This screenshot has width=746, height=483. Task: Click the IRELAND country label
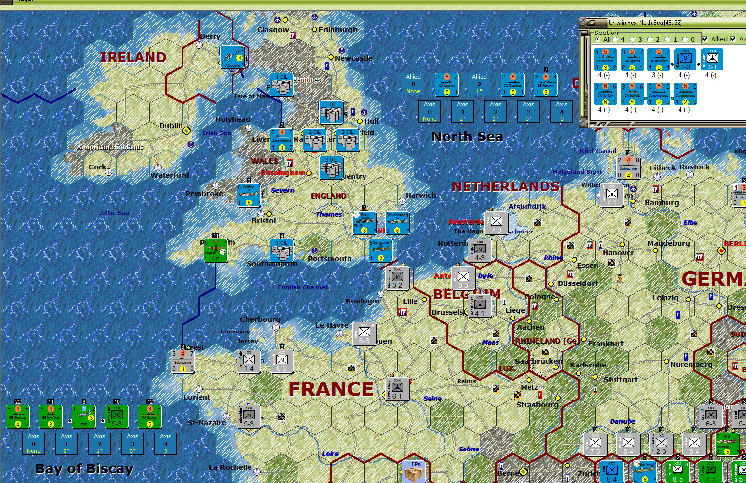pyautogui.click(x=133, y=57)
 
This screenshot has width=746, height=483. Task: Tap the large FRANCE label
pyautogui.click(x=331, y=389)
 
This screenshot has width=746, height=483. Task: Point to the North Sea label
pyautogui.click(x=467, y=137)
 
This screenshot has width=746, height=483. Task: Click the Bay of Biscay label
pyautogui.click(x=84, y=468)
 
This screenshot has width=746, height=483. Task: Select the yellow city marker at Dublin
pyautogui.click(x=186, y=131)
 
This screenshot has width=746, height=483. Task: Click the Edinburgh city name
pyautogui.click(x=338, y=30)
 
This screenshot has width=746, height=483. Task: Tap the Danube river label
pyautogui.click(x=622, y=421)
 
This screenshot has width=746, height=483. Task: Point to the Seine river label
pyautogui.click(x=432, y=399)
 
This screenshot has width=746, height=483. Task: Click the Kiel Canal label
pyautogui.click(x=598, y=151)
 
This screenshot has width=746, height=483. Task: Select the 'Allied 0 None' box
pyautogui.click(x=413, y=84)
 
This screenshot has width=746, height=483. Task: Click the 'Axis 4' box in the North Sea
pyautogui.click(x=562, y=112)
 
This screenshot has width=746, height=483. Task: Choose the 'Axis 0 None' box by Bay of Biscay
pyautogui.click(x=33, y=444)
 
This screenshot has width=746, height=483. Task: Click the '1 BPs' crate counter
pyautogui.click(x=414, y=471)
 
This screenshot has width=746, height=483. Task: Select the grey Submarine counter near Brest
pyautogui.click(x=183, y=362)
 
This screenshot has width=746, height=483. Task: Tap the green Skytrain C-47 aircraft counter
pyautogui.click(x=216, y=250)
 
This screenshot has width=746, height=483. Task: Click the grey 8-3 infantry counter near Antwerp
pyautogui.click(x=463, y=278)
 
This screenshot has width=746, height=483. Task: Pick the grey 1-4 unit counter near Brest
pyautogui.click(x=249, y=361)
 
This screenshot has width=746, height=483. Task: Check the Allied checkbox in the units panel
pyautogui.click(x=705, y=39)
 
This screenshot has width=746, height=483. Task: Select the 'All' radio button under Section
pyautogui.click(x=597, y=40)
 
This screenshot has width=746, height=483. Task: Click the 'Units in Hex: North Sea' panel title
pyautogui.click(x=645, y=23)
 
